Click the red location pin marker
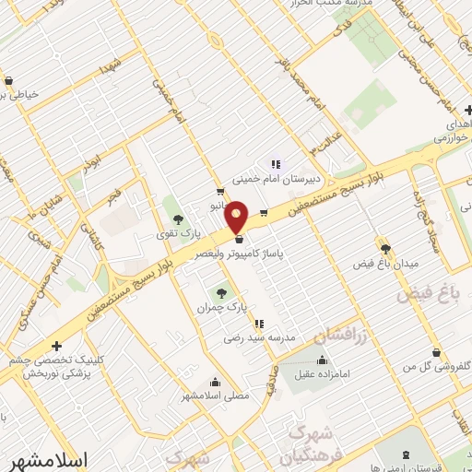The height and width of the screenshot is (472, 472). (x=236, y=216)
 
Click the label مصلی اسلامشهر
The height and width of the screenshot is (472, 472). (x=218, y=396)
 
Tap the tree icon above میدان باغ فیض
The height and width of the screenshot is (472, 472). (x=384, y=248)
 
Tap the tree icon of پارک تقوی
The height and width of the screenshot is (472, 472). (x=177, y=219)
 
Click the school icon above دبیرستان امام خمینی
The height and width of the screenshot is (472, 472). (x=275, y=166)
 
